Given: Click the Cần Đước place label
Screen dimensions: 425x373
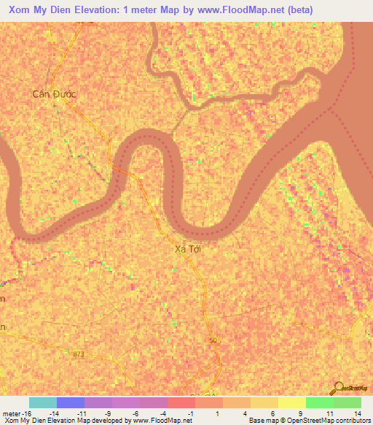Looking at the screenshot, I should click(55, 94).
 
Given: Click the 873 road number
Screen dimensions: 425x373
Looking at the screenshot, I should click(79, 354).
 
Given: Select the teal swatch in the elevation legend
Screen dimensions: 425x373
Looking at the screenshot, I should click(43, 402).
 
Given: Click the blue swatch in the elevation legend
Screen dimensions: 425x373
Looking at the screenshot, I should click(71, 402).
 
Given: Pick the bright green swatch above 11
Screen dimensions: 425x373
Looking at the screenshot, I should click(319, 402).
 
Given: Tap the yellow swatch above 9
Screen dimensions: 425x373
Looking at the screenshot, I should click(291, 402).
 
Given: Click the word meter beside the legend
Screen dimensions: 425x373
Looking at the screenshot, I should click(12, 413).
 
